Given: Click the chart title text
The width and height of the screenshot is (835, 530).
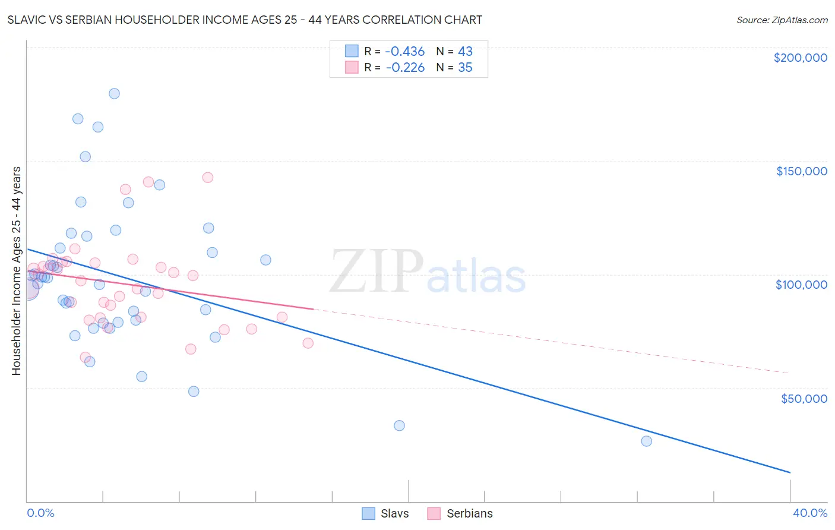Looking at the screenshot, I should [245, 20].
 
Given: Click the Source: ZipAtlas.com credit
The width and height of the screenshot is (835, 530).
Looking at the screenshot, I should [782, 20].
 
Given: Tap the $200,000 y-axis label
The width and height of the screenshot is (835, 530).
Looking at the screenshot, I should [800, 58].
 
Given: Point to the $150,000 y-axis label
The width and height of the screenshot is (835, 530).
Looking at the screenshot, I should [801, 171].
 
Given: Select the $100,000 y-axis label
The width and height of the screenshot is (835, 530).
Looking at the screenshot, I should [801, 285].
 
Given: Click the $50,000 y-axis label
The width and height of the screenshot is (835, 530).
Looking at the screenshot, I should [804, 398].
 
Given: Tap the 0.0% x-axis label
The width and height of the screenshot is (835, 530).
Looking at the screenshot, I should [40, 513].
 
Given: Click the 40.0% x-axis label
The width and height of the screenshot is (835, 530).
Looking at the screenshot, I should [809, 513].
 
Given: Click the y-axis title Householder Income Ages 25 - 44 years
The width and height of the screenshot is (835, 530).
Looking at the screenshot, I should [16, 271].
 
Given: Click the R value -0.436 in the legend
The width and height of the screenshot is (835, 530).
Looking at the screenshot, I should [405, 52].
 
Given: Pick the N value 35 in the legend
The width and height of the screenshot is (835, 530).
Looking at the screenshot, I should [465, 68].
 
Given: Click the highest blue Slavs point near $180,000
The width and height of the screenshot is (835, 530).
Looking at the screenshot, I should [114, 93].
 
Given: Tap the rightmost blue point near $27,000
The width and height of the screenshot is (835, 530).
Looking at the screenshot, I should [646, 441].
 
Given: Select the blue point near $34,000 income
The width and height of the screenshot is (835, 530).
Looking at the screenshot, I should [399, 425].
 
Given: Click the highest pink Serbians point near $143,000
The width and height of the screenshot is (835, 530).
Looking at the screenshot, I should [207, 177].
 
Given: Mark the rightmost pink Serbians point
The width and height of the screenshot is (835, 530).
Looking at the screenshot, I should [308, 343].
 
